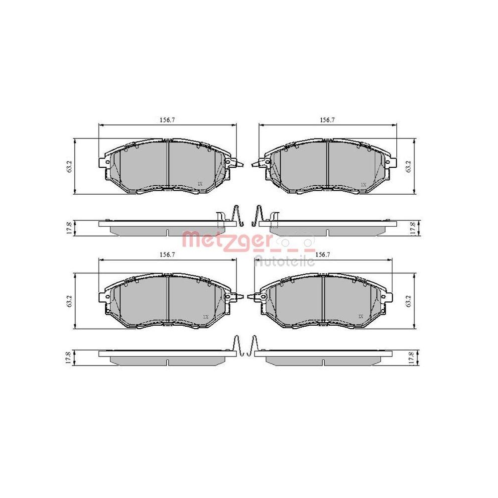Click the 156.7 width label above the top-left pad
168,120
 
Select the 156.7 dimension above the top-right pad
327,120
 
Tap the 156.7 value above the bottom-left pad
168,254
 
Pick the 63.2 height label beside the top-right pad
408,166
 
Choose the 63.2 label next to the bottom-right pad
408,301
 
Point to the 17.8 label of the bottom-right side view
412,358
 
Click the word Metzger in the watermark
227,240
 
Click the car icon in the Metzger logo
297,241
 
